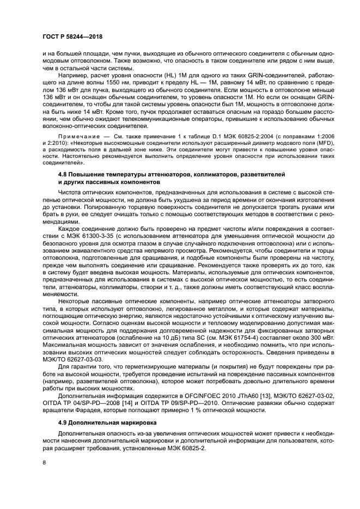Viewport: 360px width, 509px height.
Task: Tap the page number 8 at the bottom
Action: click(45, 462)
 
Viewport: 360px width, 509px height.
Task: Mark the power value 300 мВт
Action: click(303, 337)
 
